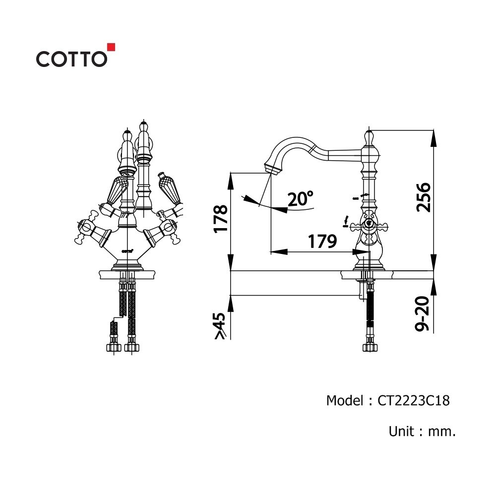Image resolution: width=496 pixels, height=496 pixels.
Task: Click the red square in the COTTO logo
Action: [x=111, y=47]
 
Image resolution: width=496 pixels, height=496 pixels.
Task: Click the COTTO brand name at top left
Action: [x=71, y=59]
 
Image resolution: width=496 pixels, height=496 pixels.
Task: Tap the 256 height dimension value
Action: [x=424, y=197]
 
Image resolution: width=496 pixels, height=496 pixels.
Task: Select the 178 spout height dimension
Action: [x=221, y=219]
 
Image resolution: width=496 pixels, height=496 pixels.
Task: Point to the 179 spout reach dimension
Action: [x=322, y=242]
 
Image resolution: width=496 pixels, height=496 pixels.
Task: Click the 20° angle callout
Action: [x=300, y=199]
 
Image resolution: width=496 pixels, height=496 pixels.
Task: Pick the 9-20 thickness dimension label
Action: [x=423, y=313]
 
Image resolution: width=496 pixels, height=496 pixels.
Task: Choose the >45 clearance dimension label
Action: [x=220, y=326]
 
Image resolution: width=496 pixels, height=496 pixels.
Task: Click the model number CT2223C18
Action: [x=414, y=400]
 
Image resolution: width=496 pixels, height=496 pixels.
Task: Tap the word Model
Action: [x=345, y=400]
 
